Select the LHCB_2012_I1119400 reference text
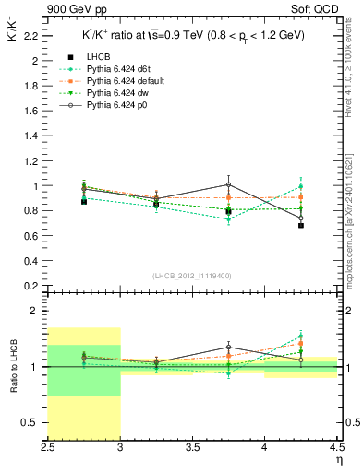[192, 276]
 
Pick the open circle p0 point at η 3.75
[228, 184]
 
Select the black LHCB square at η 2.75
[84, 201]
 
